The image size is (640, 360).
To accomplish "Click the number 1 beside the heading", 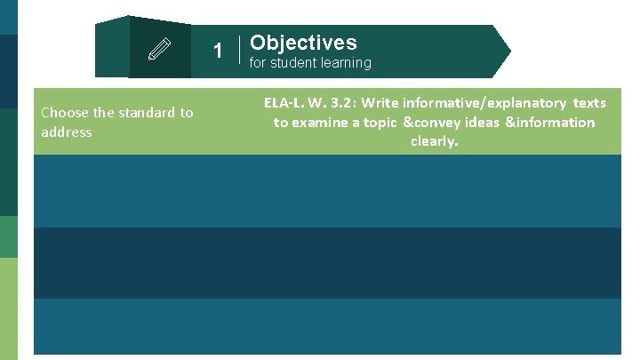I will coord(218,51).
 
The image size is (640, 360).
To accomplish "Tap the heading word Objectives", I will coord(303,43).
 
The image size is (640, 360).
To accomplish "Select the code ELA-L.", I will coord(284,103).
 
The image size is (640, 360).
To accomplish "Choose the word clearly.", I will coord(435,141).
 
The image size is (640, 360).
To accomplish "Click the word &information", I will coord(550,123).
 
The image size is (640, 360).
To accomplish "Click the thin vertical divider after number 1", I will coord(242,51).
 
